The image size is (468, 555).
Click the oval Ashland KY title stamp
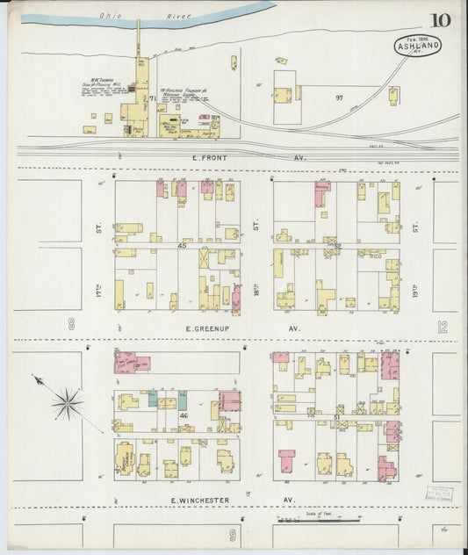click(x=417, y=45)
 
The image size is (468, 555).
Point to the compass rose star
click(x=65, y=404)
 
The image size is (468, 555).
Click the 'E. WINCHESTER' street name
click(x=198, y=501)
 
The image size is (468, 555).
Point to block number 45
click(x=183, y=247)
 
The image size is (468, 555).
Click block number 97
click(x=338, y=97)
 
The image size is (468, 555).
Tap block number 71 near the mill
click(x=151, y=98)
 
